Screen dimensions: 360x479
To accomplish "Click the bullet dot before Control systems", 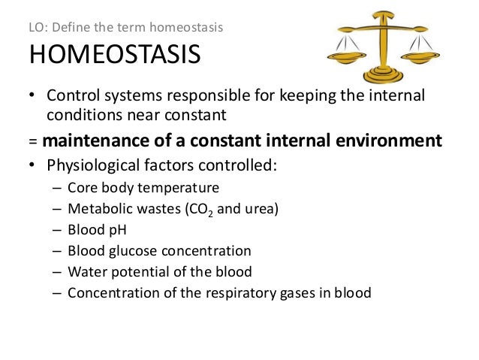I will tap(33, 97).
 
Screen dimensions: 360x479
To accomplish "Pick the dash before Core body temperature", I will tap(58, 187).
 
